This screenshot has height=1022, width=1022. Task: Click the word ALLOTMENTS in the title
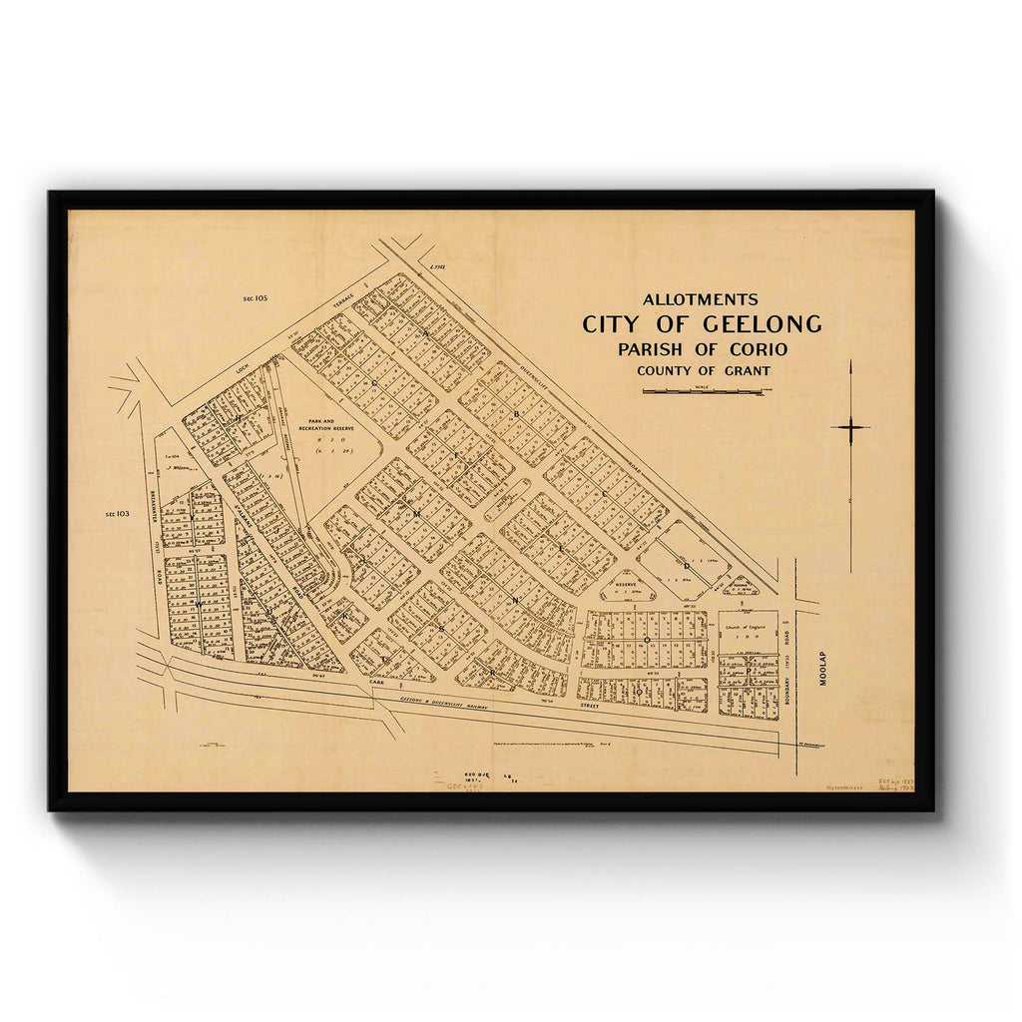click(x=700, y=299)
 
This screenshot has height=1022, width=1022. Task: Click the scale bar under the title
click(x=703, y=391)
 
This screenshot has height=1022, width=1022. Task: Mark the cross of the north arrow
click(x=850, y=427)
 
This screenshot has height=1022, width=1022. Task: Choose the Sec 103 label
click(x=117, y=514)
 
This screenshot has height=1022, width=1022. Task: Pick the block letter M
click(x=417, y=511)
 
